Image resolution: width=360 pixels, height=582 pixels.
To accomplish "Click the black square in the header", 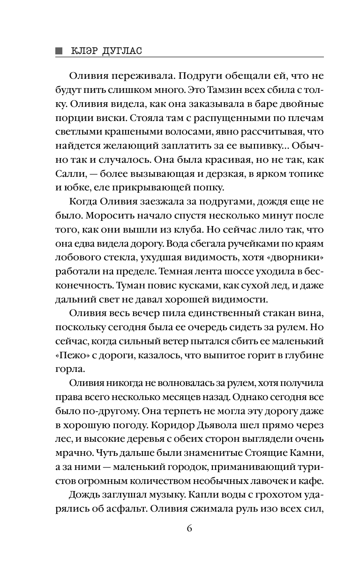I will point(59,51).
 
